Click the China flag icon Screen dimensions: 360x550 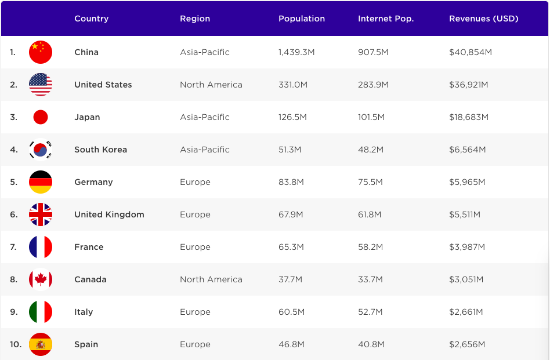tap(41, 52)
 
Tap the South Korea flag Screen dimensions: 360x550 tap(41, 150)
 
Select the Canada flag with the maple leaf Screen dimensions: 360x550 tap(41, 279)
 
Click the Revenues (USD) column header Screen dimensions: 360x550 tap(483, 19)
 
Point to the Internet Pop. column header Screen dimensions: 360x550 tap(386, 19)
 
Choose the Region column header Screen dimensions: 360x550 tap(195, 19)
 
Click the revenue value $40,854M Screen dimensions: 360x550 tap(470, 52)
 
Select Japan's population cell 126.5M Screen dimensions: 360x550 tap(292, 117)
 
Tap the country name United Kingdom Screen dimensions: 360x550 tap(109, 214)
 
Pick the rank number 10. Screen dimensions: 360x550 tap(16, 344)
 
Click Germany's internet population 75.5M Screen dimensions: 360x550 tap(370, 182)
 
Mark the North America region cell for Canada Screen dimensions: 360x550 tap(211, 279)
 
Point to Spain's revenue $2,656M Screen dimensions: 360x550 tap(466, 344)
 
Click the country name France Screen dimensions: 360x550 tap(89, 247)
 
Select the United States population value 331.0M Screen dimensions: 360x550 tap(293, 85)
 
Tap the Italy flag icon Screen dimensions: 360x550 tap(41, 312)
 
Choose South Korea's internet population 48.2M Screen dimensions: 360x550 tap(370, 150)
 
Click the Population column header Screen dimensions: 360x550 tap(302, 19)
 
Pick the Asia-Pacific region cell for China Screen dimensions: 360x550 tap(205, 52)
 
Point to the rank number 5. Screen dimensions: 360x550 tap(13, 182)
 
